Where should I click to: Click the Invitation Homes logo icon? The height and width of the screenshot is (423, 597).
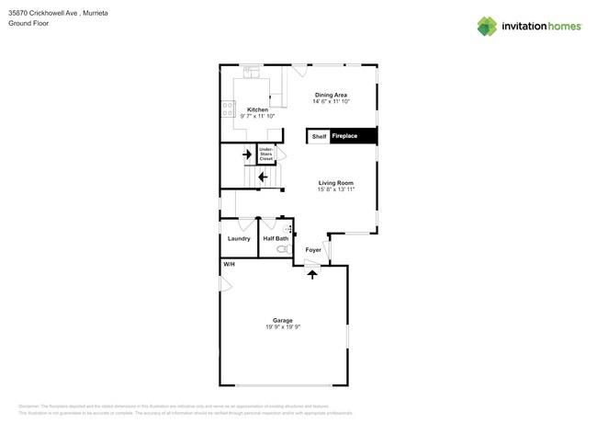coord(487,27)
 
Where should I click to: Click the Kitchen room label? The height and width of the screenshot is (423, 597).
coord(257,109)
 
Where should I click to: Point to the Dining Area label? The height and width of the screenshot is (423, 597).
coord(331,95)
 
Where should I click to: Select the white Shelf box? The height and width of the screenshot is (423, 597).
coord(319,136)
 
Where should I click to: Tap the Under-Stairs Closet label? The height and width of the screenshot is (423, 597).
coord(265,154)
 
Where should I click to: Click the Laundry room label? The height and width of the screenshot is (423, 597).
coord(239,238)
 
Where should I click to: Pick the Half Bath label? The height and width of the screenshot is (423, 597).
coord(276,238)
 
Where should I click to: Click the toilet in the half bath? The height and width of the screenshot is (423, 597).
coord(282,248)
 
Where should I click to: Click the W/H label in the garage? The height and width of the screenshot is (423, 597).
coord(229,265)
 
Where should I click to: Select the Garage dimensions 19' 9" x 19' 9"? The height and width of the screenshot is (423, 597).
coord(282,326)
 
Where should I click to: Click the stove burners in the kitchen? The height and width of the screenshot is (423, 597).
coord(227,109)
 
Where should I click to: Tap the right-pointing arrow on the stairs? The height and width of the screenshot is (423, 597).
coord(247,155)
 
